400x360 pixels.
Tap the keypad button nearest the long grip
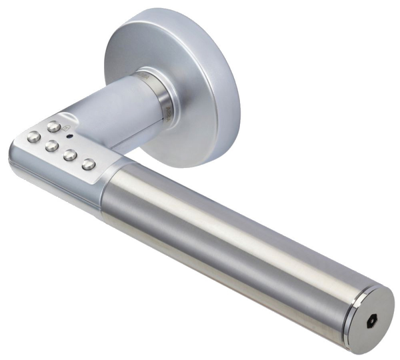pyautogui.click(x=88, y=163)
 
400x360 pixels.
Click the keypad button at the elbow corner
pyautogui.click(x=32, y=137)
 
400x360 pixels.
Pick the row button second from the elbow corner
pyautogui.click(x=51, y=146)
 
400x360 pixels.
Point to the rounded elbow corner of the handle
pyautogui.click(x=20, y=150)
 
